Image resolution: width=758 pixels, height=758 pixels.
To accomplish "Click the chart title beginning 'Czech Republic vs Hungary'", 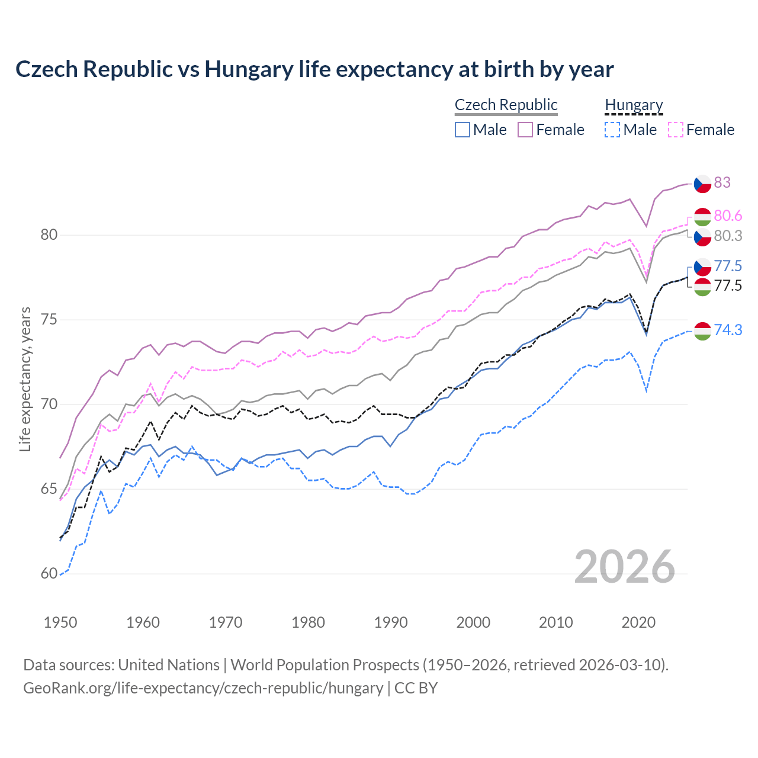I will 314,69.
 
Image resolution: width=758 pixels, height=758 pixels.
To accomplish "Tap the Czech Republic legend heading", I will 506,105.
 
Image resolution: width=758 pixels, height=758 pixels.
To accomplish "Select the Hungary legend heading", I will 634,105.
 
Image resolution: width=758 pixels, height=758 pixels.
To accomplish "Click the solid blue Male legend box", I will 462,130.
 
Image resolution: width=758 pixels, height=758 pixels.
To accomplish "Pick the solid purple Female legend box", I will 525,130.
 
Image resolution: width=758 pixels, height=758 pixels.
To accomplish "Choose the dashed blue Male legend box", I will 612,130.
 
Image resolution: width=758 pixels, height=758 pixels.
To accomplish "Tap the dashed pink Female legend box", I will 676,130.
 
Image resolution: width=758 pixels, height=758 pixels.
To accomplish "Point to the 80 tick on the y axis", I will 49,235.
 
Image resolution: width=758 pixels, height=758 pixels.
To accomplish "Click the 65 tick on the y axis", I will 49,489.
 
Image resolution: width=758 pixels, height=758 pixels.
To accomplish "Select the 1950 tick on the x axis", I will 60,622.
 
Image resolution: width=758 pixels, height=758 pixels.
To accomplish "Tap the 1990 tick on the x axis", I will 391,622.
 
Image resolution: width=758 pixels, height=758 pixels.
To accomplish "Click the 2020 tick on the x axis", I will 638,622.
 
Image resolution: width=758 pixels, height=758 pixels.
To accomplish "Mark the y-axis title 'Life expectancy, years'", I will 25,379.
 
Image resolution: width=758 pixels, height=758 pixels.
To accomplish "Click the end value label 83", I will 722,182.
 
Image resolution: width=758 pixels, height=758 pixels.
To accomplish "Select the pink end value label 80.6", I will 728,216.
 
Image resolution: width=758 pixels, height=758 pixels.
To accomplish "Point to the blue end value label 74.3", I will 728,330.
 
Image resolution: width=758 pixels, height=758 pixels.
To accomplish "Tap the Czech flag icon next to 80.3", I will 702,236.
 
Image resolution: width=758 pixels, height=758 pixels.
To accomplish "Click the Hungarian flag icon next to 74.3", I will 702,331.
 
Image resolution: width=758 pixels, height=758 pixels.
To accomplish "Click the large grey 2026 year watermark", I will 625,567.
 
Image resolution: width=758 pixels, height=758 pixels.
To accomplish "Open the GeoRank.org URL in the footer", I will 203,688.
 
